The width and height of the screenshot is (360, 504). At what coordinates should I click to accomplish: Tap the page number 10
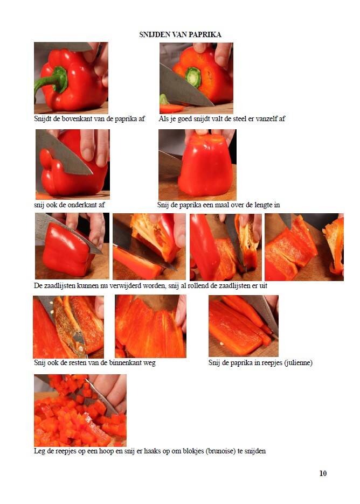[323, 473]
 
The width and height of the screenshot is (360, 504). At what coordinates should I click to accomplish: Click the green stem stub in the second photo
[193, 77]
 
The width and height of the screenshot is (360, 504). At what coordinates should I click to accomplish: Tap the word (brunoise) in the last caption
[220, 451]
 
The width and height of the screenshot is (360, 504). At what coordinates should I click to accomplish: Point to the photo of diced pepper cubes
[80, 410]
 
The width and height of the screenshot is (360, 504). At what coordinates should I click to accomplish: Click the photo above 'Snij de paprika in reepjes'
[244, 326]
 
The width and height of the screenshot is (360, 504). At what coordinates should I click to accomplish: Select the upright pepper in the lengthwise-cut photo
[205, 166]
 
